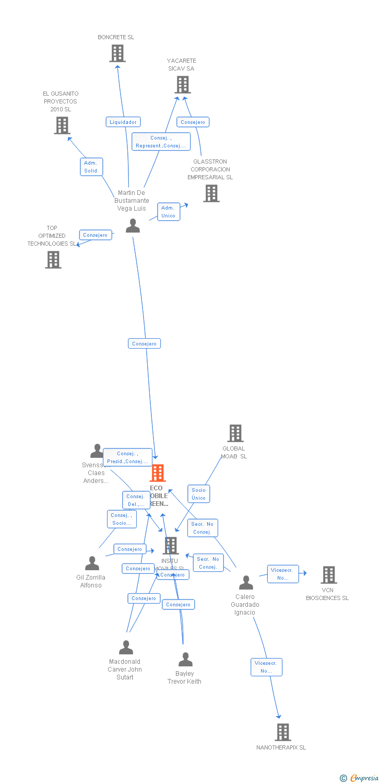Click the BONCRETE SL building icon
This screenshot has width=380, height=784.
coord(117,53)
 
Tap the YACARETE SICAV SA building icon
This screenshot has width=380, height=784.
coord(182,85)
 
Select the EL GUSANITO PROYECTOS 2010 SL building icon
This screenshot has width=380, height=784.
coord(62,125)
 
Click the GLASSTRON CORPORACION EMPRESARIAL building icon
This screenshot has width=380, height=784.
coord(211,193)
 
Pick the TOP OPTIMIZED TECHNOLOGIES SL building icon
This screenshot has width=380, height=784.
coord(53,260)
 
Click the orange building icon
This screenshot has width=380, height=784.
coord(158,473)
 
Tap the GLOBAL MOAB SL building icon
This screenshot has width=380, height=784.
coord(235,433)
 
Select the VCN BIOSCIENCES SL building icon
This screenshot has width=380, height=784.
coord(328,575)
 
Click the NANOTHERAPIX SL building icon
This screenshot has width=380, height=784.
coord(282,732)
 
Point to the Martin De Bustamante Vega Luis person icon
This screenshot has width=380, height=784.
coord(133,226)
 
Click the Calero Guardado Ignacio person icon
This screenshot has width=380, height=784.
coord(246,583)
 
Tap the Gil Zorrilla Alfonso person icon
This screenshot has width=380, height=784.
coord(92,563)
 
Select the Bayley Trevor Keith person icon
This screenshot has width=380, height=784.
coord(185,660)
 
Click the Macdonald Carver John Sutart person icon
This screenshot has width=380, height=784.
coord(126,648)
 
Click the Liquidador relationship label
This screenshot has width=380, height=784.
coord(123,122)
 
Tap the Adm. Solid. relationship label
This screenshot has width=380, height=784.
coord(91,167)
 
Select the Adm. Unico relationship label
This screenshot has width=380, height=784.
coord(168,212)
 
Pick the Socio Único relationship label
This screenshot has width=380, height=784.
coord(198,494)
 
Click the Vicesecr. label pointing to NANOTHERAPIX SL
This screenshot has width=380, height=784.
coord(266,667)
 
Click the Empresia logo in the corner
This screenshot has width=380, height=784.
coord(360,778)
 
